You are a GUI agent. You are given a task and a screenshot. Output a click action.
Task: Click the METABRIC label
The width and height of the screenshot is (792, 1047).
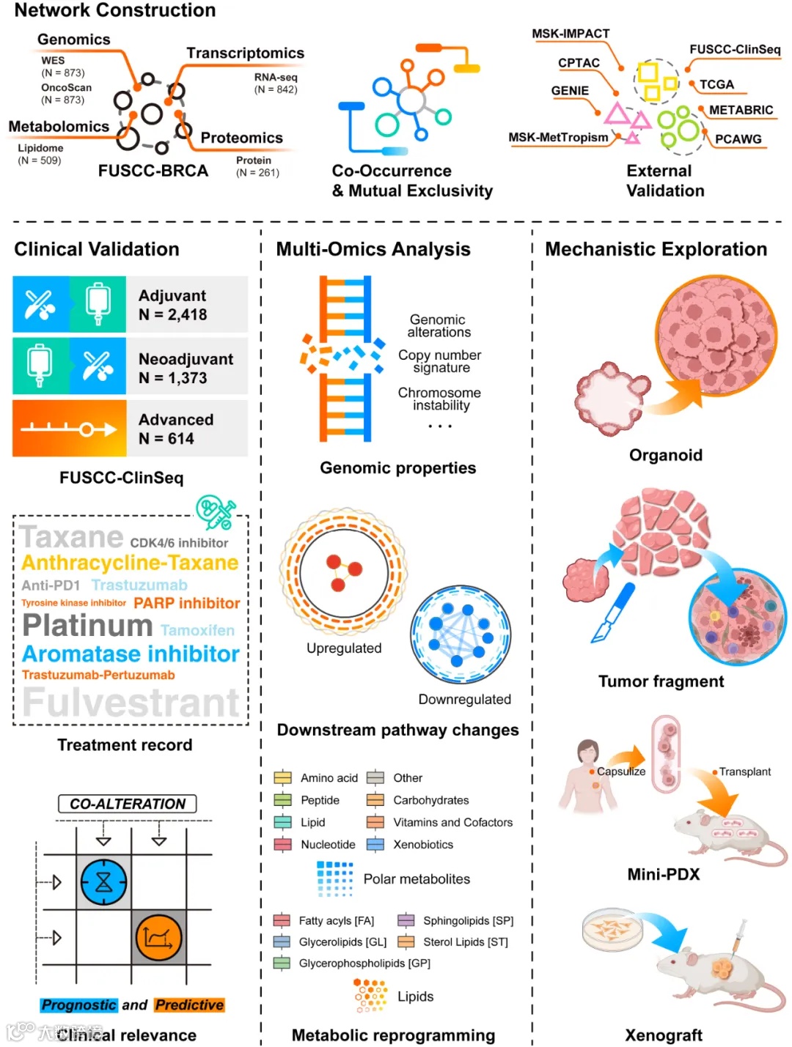pyautogui.click(x=741, y=110)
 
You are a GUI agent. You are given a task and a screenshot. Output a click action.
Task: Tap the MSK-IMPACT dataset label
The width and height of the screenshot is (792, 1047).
pyautogui.click(x=571, y=34)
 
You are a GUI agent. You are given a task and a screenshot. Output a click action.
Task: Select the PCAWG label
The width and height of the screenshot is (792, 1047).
pyautogui.click(x=738, y=139)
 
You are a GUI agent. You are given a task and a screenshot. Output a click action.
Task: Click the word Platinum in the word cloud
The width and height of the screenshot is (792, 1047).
pyautogui.click(x=87, y=625)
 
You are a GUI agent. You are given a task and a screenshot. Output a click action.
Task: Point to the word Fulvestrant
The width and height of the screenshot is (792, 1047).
pyautogui.click(x=131, y=702)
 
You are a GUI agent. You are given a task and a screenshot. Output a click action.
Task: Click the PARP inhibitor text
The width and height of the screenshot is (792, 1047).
pyautogui.click(x=187, y=603)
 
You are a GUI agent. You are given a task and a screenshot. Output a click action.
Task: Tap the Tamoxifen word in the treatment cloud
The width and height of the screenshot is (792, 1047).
pyautogui.click(x=197, y=630)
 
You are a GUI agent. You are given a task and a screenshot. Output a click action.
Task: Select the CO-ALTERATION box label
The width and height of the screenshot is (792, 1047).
pyautogui.click(x=128, y=804)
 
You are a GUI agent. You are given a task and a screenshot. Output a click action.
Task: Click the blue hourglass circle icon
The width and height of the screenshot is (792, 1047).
pyautogui.click(x=104, y=882)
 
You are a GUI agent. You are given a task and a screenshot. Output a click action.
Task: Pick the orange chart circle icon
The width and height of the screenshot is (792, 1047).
pyautogui.click(x=158, y=937)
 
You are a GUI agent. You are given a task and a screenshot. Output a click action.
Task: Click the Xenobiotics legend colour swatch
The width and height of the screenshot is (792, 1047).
pyautogui.click(x=375, y=845)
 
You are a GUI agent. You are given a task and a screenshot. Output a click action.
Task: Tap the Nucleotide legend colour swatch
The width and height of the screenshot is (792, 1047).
pyautogui.click(x=282, y=845)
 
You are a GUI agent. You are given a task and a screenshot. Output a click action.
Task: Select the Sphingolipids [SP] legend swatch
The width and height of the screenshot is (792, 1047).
pyautogui.click(x=406, y=921)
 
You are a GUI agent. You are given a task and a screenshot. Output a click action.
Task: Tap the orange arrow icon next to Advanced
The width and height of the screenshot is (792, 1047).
pyautogui.click(x=69, y=429)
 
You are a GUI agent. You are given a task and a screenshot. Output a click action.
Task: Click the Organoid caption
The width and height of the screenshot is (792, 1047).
pyautogui.click(x=665, y=455)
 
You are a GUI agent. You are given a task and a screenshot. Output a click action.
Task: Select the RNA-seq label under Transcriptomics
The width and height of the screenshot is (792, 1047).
pyautogui.click(x=276, y=77)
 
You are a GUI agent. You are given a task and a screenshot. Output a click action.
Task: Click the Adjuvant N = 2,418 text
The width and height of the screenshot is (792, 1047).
pyautogui.click(x=173, y=305)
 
